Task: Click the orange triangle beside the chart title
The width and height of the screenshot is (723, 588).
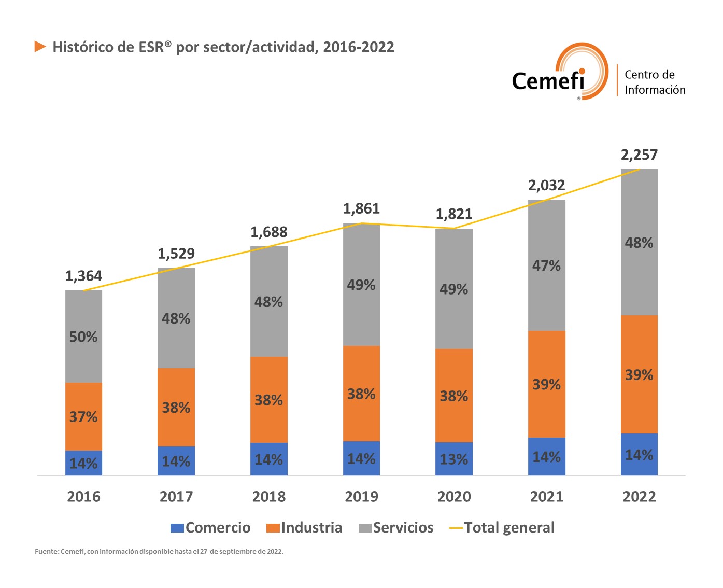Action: [40, 47]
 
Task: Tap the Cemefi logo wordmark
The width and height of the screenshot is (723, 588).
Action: [548, 81]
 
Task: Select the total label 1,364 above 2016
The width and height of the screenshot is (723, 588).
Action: [83, 276]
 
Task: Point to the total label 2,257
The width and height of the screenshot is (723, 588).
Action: [639, 155]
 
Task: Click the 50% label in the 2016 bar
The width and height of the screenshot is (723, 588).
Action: [83, 337]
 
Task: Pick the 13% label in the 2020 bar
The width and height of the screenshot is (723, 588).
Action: [453, 459]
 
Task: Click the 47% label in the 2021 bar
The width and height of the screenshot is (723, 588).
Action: [546, 265]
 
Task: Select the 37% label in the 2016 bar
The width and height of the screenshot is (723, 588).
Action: [83, 416]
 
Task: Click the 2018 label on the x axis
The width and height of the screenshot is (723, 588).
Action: [268, 497]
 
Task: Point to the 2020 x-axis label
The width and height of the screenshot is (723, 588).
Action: [454, 497]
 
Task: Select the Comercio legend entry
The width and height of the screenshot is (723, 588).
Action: [210, 528]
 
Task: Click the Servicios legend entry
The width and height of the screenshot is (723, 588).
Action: [396, 528]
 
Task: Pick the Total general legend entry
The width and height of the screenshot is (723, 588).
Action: [502, 528]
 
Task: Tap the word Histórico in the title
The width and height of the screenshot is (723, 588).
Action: [83, 47]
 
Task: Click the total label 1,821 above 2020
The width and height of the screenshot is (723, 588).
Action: [454, 214]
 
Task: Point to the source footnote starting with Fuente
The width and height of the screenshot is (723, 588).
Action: [159, 551]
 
